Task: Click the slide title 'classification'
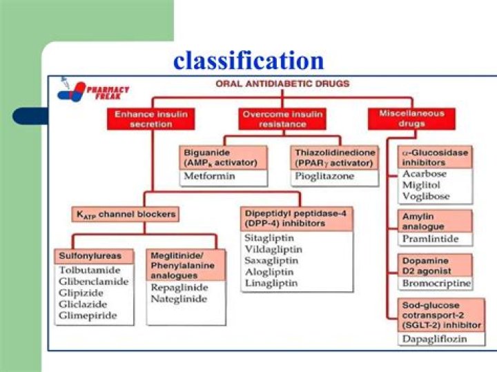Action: (248, 61)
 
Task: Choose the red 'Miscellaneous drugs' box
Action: (412, 118)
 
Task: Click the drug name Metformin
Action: (210, 176)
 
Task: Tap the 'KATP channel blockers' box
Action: (124, 215)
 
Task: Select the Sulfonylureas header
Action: (86, 256)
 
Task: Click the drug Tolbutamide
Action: (89, 270)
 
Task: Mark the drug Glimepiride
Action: (88, 316)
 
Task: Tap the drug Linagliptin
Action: (272, 284)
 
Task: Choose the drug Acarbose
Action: (424, 174)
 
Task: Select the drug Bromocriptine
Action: (436, 283)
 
